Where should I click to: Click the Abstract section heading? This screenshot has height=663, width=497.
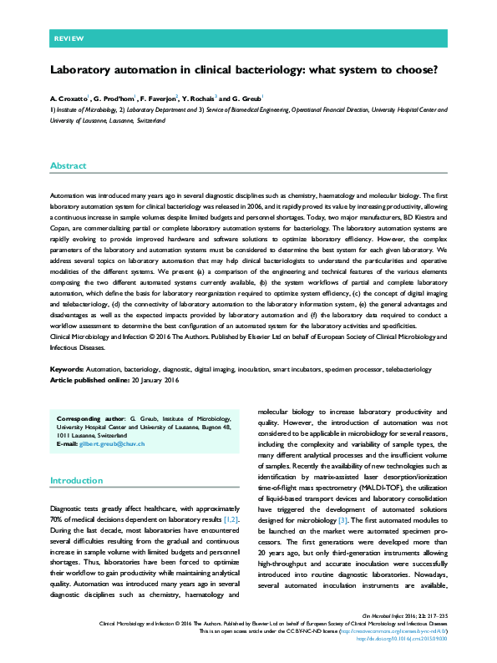click(68, 166)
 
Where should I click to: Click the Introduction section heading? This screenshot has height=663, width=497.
click(76, 480)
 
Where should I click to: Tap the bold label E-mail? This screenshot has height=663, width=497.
click(67, 443)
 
